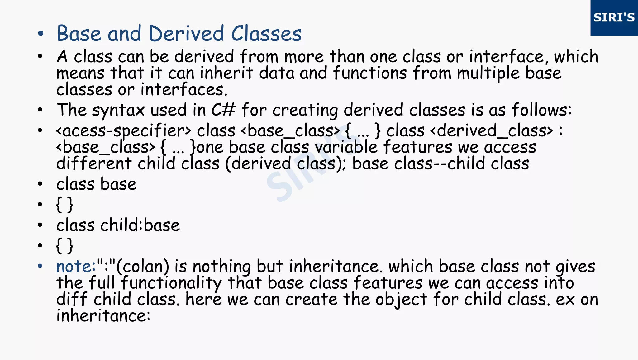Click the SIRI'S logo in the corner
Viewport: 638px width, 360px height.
(614, 18)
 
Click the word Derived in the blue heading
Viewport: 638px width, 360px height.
(186, 33)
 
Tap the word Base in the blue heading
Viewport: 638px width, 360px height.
(79, 33)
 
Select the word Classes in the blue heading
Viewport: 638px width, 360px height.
(266, 33)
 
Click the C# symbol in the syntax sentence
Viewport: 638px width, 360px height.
(223, 110)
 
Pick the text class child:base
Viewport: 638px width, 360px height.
(118, 225)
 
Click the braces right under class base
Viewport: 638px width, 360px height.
(64, 205)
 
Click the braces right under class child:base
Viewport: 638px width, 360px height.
(64, 246)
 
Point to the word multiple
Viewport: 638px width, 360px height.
(488, 73)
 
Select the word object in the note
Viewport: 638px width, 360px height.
(401, 300)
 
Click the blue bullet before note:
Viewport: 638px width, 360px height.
(40, 266)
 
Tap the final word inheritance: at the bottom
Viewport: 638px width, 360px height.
(103, 316)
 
